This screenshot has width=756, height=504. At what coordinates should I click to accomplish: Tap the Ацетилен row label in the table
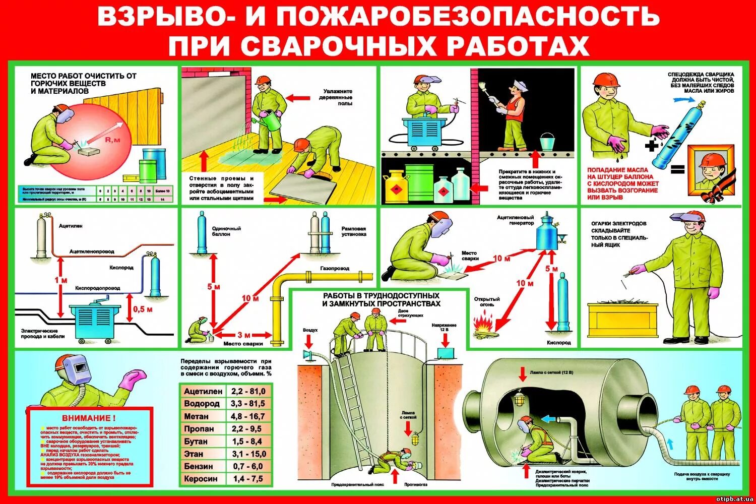pyautogui.click(x=203, y=391)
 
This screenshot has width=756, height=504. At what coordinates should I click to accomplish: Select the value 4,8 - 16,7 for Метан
pyautogui.click(x=248, y=416)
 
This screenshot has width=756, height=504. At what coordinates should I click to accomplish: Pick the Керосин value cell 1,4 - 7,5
pyautogui.click(x=248, y=479)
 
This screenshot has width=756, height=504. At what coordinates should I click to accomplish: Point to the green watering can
pyautogui.click(x=273, y=120)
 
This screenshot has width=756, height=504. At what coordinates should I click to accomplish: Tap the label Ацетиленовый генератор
pyautogui.click(x=515, y=220)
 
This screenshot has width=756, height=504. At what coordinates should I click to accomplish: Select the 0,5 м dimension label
pyautogui.click(x=143, y=309)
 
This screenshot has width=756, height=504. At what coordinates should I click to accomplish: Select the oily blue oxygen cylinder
pyautogui.click(x=676, y=135)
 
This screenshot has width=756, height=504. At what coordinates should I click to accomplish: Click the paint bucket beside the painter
pyautogui.click(x=547, y=142)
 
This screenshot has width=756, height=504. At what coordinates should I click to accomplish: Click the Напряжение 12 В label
pyautogui.click(x=444, y=328)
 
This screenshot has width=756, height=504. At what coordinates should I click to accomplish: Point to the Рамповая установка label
pyautogui.click(x=353, y=231)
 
